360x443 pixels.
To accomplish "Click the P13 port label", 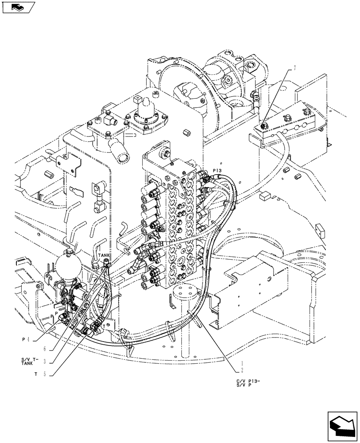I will coord(217,170).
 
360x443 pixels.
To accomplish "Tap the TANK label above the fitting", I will coord(104,256).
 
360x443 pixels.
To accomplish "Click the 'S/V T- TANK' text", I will coord(30,361).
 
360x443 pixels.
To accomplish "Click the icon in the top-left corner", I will coord(18,7).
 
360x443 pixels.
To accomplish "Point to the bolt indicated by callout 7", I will coord(263,126).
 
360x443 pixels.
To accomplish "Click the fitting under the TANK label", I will coord(106,265).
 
